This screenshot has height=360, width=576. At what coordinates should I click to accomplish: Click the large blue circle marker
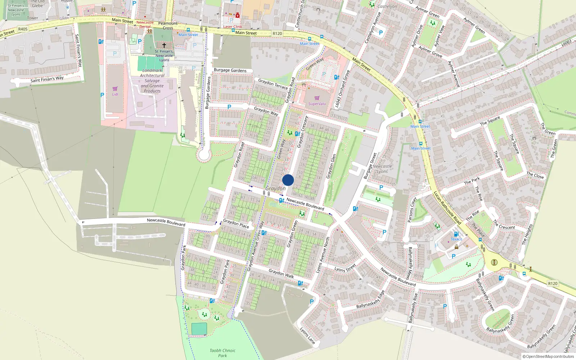(x=288, y=180)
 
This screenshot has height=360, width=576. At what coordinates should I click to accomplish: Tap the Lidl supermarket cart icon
(x=115, y=89)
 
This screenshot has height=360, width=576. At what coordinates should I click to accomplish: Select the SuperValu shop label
(x=317, y=104)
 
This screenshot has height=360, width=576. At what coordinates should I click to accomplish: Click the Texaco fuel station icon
(x=456, y=234)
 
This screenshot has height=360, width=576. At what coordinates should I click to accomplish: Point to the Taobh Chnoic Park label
(x=222, y=353)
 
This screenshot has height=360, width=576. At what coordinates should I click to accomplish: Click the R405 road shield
(x=23, y=29)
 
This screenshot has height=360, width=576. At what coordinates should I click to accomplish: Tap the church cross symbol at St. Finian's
(x=164, y=45)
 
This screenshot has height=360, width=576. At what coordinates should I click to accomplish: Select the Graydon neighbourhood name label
(x=275, y=189)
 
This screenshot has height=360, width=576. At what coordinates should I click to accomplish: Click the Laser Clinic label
(x=233, y=27)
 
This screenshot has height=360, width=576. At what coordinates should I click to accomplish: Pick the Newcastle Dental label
(x=145, y=24)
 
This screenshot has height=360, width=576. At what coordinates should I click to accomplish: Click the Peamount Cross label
(x=168, y=26)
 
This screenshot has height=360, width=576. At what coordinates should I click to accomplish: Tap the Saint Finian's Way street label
(x=47, y=79)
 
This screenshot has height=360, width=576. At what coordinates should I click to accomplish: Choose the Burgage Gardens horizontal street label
(x=230, y=70)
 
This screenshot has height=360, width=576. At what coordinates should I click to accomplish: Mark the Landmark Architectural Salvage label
(x=152, y=81)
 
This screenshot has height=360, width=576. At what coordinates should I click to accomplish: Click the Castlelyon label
(x=387, y=6)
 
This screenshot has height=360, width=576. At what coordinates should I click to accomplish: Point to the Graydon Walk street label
(x=281, y=274)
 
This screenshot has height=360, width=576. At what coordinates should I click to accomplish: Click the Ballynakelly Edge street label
(x=370, y=299)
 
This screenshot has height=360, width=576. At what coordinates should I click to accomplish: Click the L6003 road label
(x=567, y=43)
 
